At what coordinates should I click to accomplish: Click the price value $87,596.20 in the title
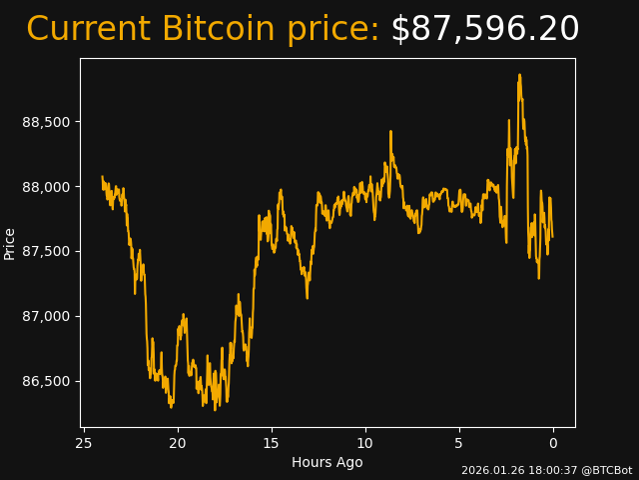pos(484,30)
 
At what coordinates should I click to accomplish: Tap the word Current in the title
pos(89,30)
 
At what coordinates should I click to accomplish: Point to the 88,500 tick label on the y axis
pos(47,122)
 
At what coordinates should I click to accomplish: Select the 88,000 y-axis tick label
pos(47,187)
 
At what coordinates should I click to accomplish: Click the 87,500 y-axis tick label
pos(47,251)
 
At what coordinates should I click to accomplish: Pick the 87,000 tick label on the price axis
pos(47,316)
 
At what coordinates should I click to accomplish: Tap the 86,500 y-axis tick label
pos(47,381)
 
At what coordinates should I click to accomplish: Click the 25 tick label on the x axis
pos(84,443)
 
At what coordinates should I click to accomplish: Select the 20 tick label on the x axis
pos(178,443)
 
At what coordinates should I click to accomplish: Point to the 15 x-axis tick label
pos(272,443)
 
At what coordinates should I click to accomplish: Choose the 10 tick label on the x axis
pos(365,443)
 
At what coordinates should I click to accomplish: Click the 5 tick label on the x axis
pos(459,443)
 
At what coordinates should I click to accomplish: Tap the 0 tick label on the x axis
pos(553,443)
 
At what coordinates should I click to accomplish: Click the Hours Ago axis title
pos(327,462)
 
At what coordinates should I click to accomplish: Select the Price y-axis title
pos(10,243)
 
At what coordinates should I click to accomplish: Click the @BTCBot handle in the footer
pos(607,470)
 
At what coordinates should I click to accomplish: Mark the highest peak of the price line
pos(519,75)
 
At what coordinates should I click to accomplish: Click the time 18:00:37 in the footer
pos(554,470)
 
